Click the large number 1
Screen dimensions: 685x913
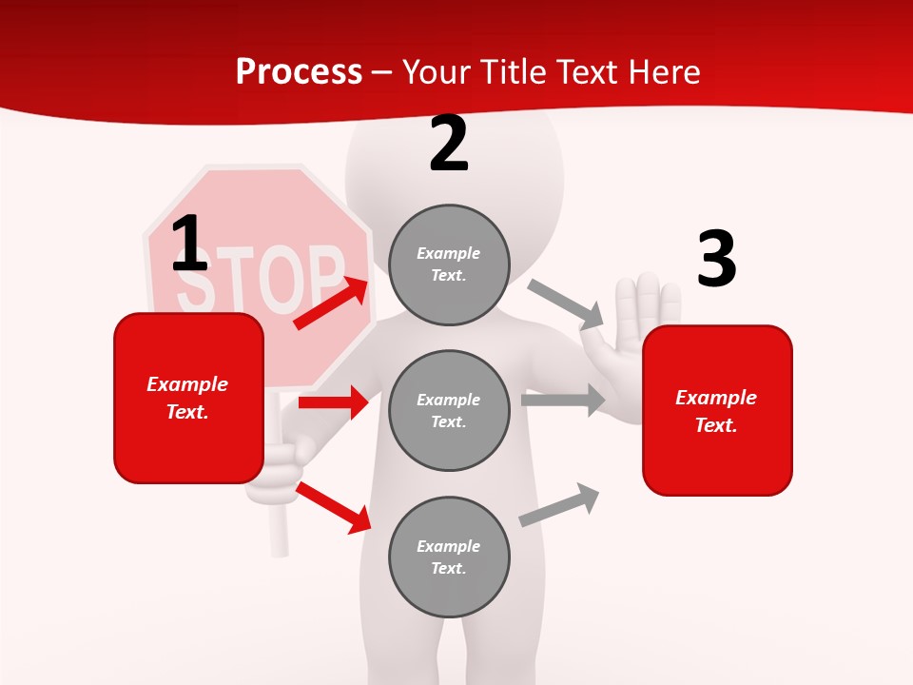click(x=189, y=245)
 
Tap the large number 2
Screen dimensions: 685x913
click(x=448, y=145)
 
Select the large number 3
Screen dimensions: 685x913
click(x=716, y=260)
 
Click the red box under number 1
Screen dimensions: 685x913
click(x=188, y=398)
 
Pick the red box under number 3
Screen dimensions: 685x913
click(x=717, y=411)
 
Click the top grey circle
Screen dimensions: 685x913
click(x=449, y=264)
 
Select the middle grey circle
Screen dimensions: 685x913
click(x=449, y=410)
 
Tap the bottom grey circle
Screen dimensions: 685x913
click(x=449, y=557)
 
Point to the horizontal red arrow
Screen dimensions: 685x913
click(x=333, y=402)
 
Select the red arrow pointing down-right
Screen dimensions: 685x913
click(x=334, y=507)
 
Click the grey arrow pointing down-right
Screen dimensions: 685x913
click(x=566, y=304)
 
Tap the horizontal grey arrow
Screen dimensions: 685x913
click(x=563, y=401)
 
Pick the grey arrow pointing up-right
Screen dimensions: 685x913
click(x=559, y=505)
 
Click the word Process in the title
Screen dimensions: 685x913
click(x=299, y=71)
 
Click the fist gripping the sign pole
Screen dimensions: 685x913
click(x=277, y=470)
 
